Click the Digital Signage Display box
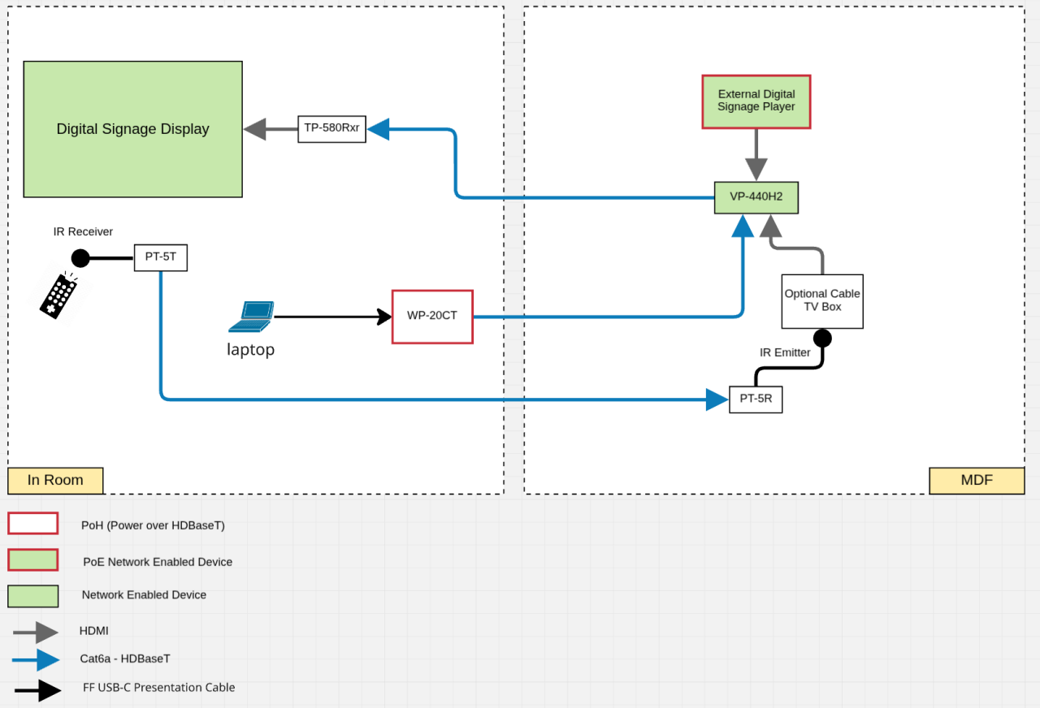pyautogui.click(x=132, y=129)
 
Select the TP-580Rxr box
pyautogui.click(x=331, y=128)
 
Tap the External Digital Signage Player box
pyautogui.click(x=756, y=101)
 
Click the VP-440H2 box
pyautogui.click(x=756, y=197)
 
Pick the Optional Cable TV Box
pyautogui.click(x=822, y=300)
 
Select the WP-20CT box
pyautogui.click(x=432, y=316)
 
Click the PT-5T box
pyautogui.click(x=160, y=258)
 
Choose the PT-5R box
pyautogui.click(x=756, y=399)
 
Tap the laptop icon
pyautogui.click(x=250, y=317)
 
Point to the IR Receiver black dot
pyautogui.click(x=80, y=258)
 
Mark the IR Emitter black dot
pyautogui.click(x=822, y=337)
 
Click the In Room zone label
pyautogui.click(x=55, y=480)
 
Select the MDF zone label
pyautogui.click(x=977, y=480)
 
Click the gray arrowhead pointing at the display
pyautogui.click(x=255, y=128)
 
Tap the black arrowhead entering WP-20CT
pyautogui.click(x=384, y=316)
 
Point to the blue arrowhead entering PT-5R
pyautogui.click(x=717, y=399)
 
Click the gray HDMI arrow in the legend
pyautogui.click(x=36, y=632)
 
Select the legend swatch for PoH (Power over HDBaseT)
pyautogui.click(x=32, y=524)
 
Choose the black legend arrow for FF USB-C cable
pyautogui.click(x=37, y=690)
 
